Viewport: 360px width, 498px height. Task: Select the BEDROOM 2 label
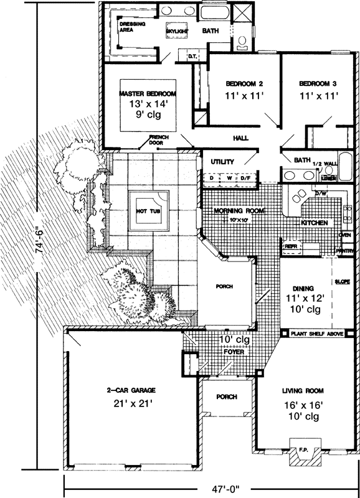244,83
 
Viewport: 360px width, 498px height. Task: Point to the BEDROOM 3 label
318,83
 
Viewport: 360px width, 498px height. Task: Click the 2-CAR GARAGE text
130,390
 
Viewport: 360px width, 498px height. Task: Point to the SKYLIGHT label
178,31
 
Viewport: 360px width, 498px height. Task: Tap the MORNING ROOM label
239,211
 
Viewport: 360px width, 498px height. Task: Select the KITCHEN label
315,222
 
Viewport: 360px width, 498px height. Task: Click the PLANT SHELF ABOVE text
317,333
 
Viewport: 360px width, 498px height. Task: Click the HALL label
240,138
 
